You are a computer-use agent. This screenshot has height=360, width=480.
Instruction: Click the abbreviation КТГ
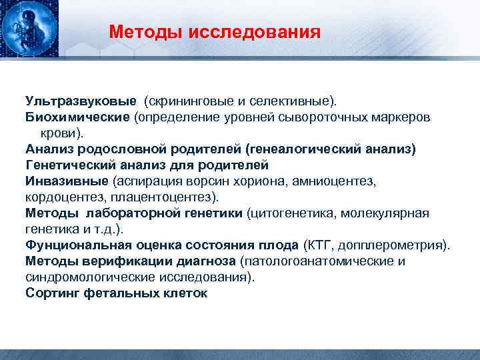(320, 245)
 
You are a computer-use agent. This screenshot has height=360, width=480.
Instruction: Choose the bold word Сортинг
(53, 293)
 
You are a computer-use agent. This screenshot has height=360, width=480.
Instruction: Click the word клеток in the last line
(185, 293)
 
